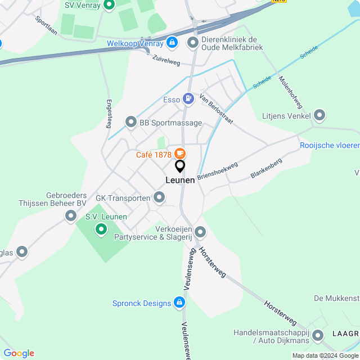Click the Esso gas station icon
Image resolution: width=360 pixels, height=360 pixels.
point(189,100)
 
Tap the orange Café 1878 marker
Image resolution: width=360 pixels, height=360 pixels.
point(180,154)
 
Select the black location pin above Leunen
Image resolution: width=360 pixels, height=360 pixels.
point(180,166)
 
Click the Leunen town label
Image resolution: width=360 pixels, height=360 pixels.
point(180,180)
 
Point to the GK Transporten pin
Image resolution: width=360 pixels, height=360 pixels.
point(159,197)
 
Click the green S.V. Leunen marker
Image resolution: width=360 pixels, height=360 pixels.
point(101,229)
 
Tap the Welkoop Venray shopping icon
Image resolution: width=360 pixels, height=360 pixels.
point(172,43)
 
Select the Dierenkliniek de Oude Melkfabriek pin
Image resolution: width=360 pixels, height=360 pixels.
point(193,43)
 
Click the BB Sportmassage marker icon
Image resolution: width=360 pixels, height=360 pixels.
point(131,122)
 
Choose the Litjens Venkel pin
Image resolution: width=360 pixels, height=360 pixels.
point(320,116)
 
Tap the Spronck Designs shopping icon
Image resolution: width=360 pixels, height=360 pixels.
point(179,303)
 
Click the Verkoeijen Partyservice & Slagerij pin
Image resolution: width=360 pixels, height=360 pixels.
point(200,232)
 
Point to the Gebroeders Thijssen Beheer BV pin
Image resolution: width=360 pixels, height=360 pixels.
point(71,215)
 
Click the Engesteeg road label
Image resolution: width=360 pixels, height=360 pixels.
point(109,114)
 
